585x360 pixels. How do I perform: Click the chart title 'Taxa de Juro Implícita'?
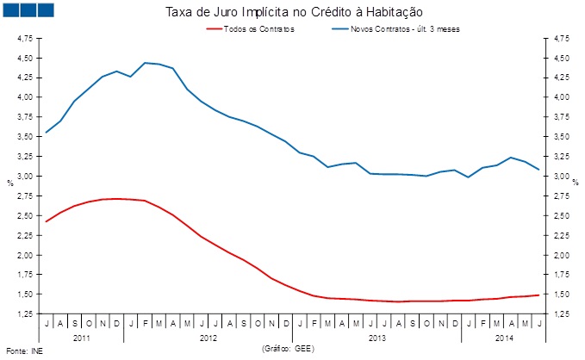(x=293, y=11)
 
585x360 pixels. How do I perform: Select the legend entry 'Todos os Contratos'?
(x=258, y=29)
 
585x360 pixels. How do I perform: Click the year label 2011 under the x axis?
(x=82, y=338)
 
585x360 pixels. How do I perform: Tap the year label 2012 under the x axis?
(x=208, y=338)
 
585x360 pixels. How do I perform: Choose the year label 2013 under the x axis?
(x=377, y=338)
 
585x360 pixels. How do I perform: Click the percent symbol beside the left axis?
(x=9, y=182)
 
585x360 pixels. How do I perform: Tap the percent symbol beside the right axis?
(x=575, y=182)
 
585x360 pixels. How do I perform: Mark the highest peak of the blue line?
(x=145, y=62)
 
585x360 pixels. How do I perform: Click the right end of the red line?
(x=539, y=295)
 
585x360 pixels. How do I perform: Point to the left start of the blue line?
(x=46, y=133)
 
